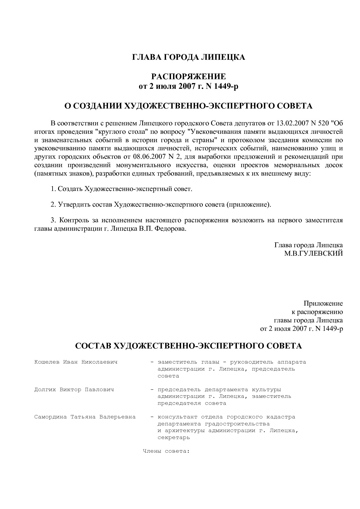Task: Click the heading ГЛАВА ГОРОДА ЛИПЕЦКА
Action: tap(188, 57)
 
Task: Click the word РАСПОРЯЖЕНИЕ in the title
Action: tap(188, 77)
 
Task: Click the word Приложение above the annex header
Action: tap(323, 304)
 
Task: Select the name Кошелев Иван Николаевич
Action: tap(76, 362)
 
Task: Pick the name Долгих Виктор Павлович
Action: tap(74, 389)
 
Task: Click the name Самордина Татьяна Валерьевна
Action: tap(85, 417)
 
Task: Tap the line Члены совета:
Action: tap(166, 451)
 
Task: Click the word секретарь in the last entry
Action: tap(174, 438)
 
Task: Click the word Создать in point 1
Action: tap(70, 189)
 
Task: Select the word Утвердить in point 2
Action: tap(74, 205)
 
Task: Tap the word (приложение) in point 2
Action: tap(249, 205)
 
